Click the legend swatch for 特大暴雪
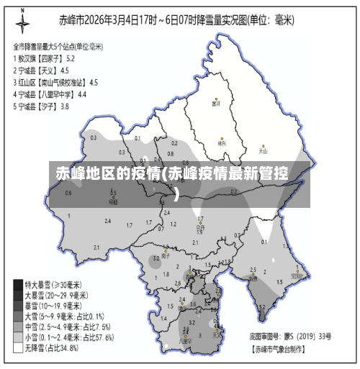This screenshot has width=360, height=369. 18,284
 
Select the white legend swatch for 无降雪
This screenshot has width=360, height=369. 18,348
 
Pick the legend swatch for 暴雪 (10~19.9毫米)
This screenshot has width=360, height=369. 18,305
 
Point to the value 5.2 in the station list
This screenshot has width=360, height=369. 71,58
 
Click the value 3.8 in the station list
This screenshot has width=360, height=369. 65,106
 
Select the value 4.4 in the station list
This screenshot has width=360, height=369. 82,94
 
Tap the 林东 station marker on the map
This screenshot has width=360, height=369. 222,138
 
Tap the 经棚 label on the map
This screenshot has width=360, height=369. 113,202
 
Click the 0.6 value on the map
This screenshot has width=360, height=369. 68,193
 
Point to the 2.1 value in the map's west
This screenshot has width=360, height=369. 96,247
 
